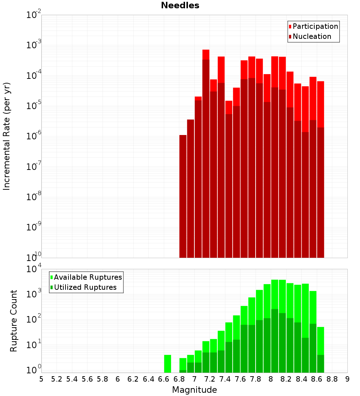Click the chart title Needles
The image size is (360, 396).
pos(180,5)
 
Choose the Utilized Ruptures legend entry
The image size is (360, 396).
pos(85,287)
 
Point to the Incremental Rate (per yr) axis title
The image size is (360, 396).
pos(7,136)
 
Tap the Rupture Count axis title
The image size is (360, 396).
pos(14,321)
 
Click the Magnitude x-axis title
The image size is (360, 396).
pos(194,390)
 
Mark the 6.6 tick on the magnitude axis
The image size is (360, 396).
pos(164,379)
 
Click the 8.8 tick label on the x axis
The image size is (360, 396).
pos(332,379)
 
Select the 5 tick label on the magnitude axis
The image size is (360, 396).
pos(41,379)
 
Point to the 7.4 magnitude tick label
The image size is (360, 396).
pos(225,379)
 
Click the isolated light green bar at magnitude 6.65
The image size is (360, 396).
pos(167,364)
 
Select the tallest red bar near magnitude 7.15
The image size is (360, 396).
pos(206,54)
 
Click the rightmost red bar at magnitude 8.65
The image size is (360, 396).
pos(321,104)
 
